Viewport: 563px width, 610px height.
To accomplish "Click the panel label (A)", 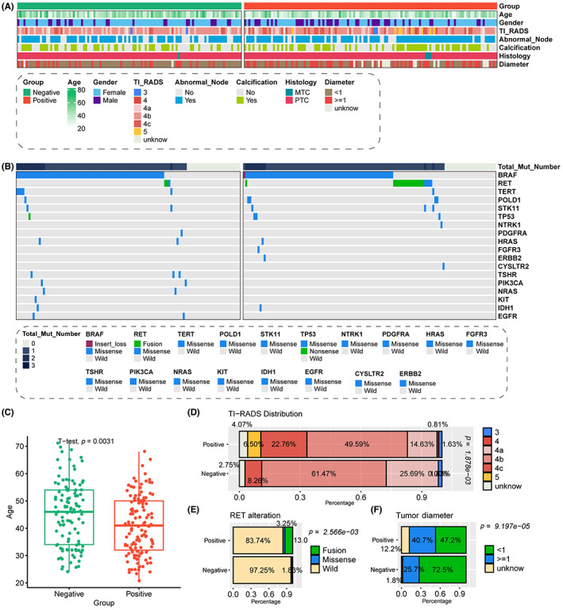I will coord(13,6).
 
